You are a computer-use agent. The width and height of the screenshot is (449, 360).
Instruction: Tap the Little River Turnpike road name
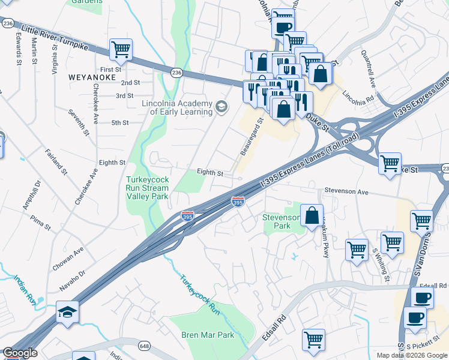[x=55, y=38]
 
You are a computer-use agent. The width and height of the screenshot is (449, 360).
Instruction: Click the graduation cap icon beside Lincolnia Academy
[x=221, y=107]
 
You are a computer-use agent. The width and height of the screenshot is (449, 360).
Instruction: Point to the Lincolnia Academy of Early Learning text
[x=177, y=107]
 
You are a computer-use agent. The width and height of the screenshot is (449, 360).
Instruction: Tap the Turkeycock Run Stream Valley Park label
[x=147, y=187]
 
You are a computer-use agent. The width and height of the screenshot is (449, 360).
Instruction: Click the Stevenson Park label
[x=281, y=221]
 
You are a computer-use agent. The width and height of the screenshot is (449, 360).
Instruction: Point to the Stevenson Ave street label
[x=345, y=193]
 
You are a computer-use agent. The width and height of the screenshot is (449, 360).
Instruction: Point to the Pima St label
[x=40, y=223]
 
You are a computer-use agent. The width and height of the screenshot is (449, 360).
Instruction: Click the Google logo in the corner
[x=19, y=353]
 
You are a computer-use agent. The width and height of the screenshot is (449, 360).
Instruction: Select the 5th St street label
[x=120, y=122]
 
